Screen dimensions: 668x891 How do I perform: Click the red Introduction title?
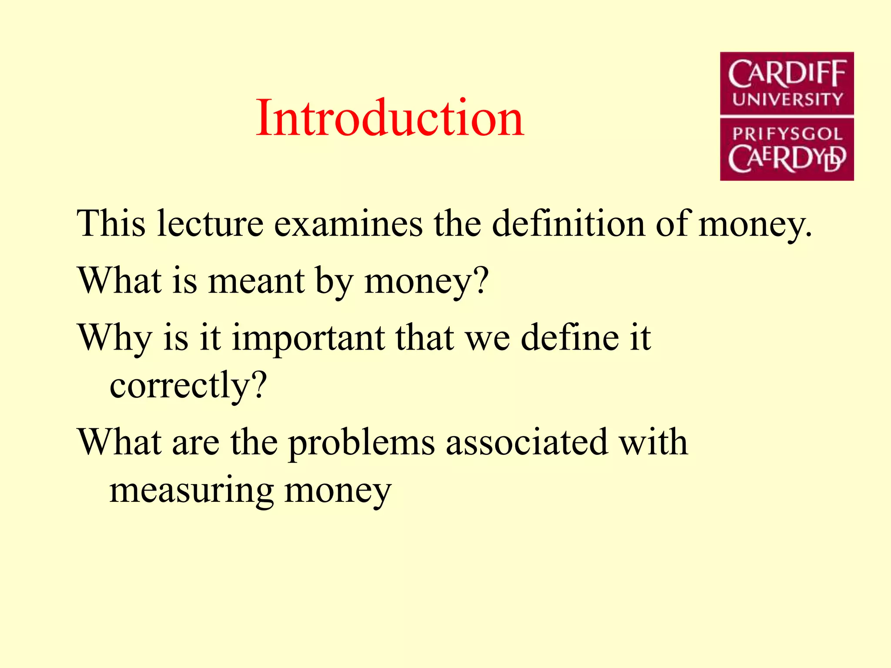pyautogui.click(x=390, y=118)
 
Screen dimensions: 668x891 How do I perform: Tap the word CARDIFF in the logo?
pyautogui.click(x=787, y=74)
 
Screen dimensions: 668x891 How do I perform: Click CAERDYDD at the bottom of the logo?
pyautogui.click(x=787, y=159)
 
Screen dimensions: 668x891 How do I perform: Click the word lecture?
pyautogui.click(x=210, y=224)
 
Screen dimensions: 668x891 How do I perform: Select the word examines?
pyautogui.click(x=348, y=224)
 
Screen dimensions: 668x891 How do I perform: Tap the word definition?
pyautogui.click(x=569, y=224)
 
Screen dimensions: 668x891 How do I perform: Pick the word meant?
pyautogui.click(x=257, y=281)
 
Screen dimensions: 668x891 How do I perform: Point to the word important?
pyautogui.click(x=308, y=338)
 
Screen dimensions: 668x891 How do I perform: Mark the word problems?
pyautogui.click(x=362, y=443)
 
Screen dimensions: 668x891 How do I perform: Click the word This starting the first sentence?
pyautogui.click(x=111, y=224)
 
